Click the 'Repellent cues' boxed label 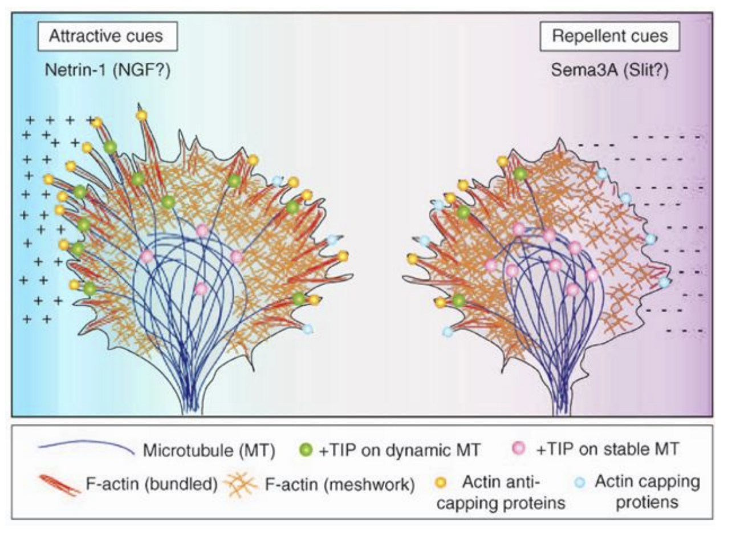pos(611,37)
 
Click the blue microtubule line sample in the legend pos(86,449)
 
